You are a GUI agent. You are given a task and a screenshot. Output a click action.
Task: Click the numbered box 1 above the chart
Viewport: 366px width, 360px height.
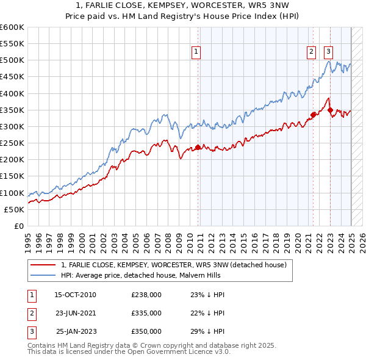pos(196,52)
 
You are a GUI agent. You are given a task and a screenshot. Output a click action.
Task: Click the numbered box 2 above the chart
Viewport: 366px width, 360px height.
pos(311,52)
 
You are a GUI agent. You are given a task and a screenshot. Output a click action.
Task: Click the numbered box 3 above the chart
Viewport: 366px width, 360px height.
pos(328,52)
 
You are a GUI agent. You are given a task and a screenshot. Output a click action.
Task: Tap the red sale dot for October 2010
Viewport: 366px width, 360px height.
pos(198,147)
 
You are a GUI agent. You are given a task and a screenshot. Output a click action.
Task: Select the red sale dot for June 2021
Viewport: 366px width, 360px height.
pos(313,115)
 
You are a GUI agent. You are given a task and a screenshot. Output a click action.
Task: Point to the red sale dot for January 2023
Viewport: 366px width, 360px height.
pos(330,110)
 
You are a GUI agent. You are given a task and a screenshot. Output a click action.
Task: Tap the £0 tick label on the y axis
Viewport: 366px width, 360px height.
pos(18,226)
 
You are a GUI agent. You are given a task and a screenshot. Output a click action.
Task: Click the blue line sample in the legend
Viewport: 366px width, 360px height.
pos(43,275)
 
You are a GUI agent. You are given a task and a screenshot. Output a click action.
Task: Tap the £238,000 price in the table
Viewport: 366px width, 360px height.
pos(146,295)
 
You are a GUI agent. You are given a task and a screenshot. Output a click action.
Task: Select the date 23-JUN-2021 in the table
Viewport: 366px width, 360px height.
pos(75,313)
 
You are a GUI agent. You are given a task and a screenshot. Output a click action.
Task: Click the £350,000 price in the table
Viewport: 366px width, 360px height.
pos(146,331)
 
